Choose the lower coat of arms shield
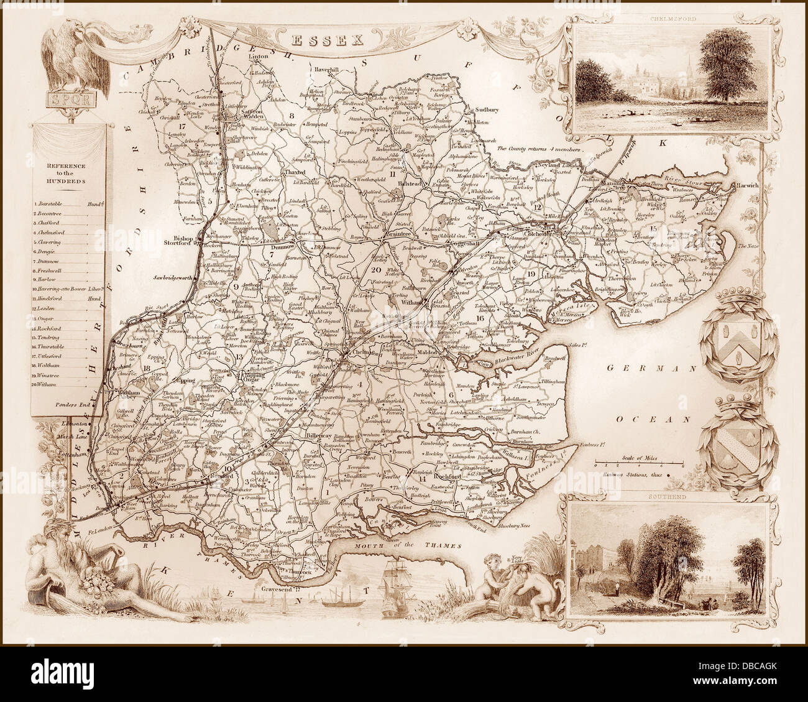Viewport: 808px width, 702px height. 737,446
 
